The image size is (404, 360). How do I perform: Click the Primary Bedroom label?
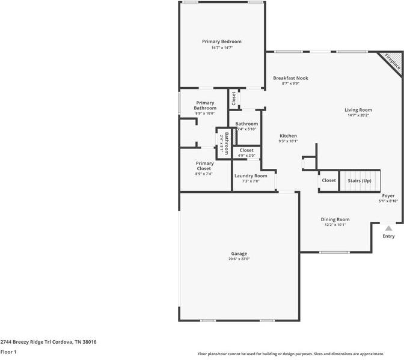pyautogui.click(x=222, y=41)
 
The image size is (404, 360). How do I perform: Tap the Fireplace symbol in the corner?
pyautogui.click(x=392, y=61)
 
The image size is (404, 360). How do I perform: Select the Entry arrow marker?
pyautogui.click(x=389, y=228)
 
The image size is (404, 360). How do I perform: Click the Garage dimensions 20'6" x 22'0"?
pyautogui.click(x=239, y=259)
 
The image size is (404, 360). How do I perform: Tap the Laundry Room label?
pyautogui.click(x=251, y=175)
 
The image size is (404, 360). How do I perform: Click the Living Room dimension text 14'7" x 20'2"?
pyautogui.click(x=358, y=115)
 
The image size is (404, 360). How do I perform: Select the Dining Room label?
pyautogui.click(x=335, y=219)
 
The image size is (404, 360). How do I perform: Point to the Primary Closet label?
pyautogui.click(x=204, y=166)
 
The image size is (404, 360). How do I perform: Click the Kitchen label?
pyautogui.click(x=288, y=136)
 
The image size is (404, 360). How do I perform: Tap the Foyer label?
pyautogui.click(x=388, y=196)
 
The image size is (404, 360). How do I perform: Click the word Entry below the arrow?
pyautogui.click(x=389, y=236)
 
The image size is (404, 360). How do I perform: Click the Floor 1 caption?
pyautogui.click(x=8, y=352)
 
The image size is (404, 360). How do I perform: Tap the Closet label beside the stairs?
pyautogui.click(x=329, y=180)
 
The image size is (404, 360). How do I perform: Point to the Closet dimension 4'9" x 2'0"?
pyautogui.click(x=246, y=156)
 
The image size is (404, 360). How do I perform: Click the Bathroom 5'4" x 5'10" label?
pyautogui.click(x=246, y=124)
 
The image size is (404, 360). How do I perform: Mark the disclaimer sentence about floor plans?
pyautogui.click(x=299, y=353)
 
